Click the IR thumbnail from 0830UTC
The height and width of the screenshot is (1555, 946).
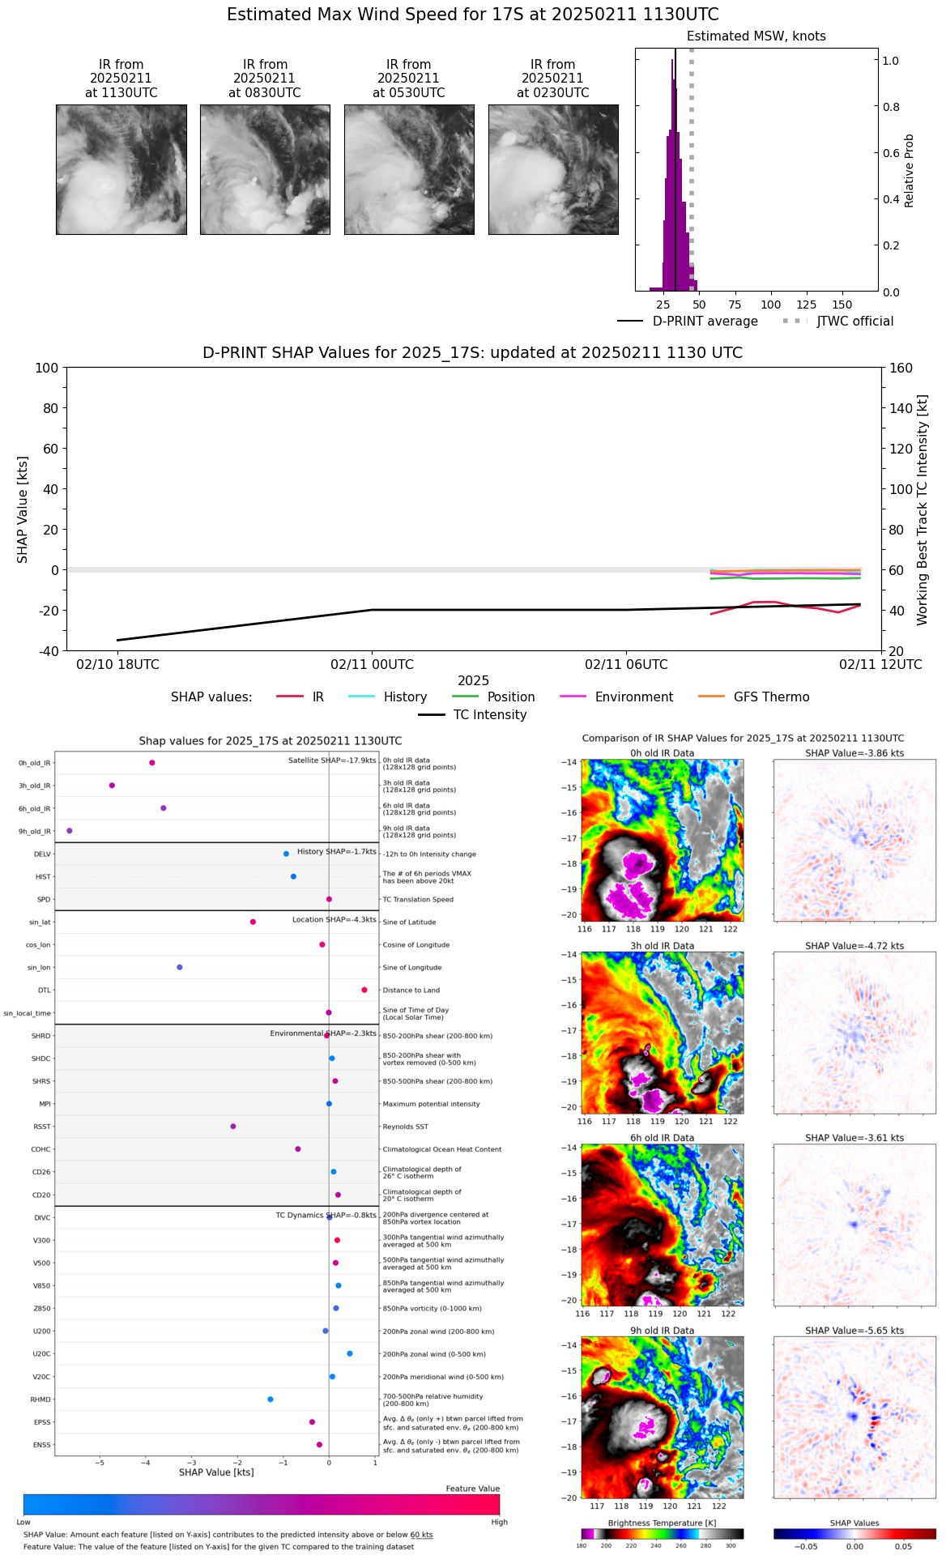[x=265, y=169]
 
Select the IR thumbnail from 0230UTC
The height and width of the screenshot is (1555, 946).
[x=553, y=169]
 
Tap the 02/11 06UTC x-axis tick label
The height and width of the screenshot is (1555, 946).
[x=626, y=665]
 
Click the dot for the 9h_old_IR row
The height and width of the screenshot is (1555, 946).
[x=70, y=831]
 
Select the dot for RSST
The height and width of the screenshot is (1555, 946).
[x=233, y=1127]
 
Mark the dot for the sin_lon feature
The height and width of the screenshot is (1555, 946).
[x=180, y=968]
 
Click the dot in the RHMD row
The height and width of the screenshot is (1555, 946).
[x=271, y=1399]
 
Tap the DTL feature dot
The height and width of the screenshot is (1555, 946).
[x=364, y=991]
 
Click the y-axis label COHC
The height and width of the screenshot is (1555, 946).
[x=40, y=1150]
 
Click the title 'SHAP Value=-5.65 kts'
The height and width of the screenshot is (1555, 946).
[x=854, y=1331]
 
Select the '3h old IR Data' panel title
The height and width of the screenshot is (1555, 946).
[x=662, y=946]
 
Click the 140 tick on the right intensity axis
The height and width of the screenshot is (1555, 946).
[x=901, y=408]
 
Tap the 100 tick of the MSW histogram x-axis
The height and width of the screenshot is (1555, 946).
[x=770, y=305]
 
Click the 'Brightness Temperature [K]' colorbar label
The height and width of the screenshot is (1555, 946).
[x=662, y=1523]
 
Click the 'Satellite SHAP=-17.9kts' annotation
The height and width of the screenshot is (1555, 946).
[x=332, y=760]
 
